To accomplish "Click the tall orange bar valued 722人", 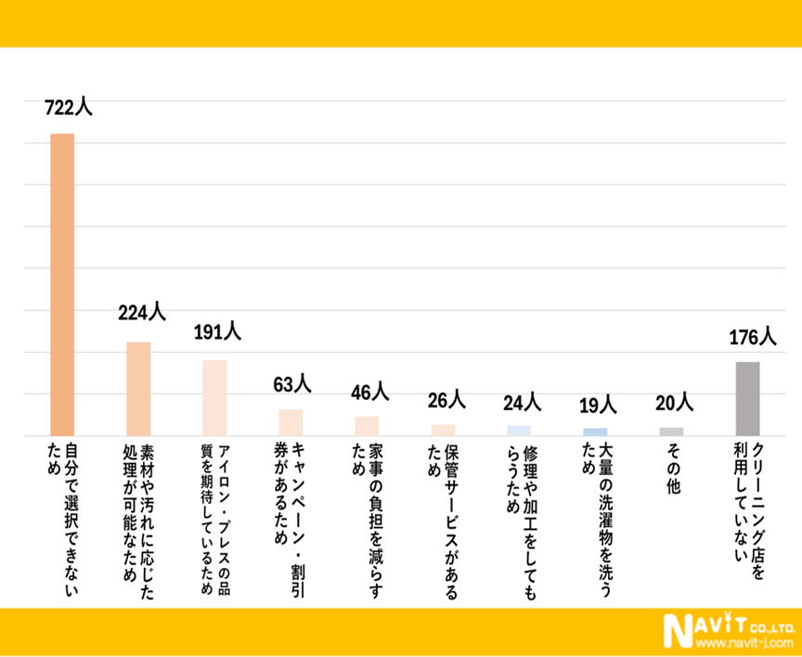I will (62, 284).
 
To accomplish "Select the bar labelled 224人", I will (138, 389).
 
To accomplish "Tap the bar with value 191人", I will (214, 397).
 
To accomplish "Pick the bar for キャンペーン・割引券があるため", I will (291, 422).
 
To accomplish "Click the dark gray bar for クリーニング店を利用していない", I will (748, 398).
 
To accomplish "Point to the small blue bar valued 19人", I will (595, 432).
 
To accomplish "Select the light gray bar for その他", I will (671, 432).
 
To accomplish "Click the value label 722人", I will (68, 107).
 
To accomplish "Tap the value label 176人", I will (752, 335).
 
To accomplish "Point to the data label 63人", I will (292, 383).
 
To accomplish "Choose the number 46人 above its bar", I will (369, 392).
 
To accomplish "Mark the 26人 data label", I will (446, 400).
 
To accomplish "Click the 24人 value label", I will (522, 402).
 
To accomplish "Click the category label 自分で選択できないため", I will (62, 506).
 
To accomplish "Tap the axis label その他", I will (671, 469).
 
